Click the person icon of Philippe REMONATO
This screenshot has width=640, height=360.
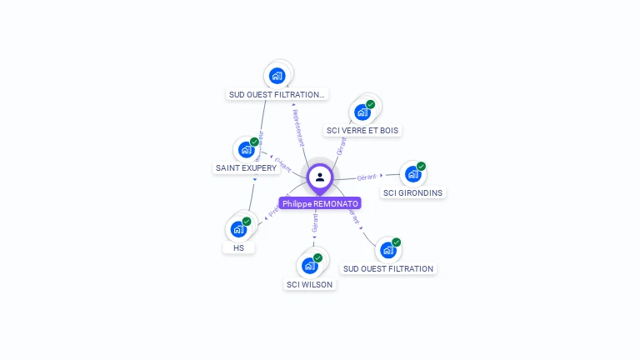(320, 177)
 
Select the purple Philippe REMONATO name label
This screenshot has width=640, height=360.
(320, 203)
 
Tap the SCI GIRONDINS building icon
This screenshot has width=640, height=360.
(412, 174)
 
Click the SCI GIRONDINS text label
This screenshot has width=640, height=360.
(413, 193)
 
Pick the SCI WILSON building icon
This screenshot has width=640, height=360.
(310, 266)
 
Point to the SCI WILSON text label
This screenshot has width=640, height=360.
(309, 285)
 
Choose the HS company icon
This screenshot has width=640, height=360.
(238, 229)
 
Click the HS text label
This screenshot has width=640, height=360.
(239, 248)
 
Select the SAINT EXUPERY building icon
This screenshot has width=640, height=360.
(246, 149)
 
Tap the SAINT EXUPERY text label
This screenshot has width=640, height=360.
(246, 168)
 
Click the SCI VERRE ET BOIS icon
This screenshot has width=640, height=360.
(362, 112)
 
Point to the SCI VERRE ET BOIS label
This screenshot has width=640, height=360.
(362, 131)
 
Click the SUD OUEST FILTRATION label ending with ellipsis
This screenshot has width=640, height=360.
(277, 95)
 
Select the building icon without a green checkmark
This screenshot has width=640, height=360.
(277, 76)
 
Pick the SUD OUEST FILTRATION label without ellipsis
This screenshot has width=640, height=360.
(388, 269)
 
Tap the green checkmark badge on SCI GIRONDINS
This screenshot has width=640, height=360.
(422, 166)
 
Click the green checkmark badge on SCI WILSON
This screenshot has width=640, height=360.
(318, 257)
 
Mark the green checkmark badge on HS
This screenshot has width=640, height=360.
(247, 221)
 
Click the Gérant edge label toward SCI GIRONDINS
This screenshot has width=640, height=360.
(367, 177)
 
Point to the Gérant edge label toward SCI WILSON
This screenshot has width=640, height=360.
(315, 222)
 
